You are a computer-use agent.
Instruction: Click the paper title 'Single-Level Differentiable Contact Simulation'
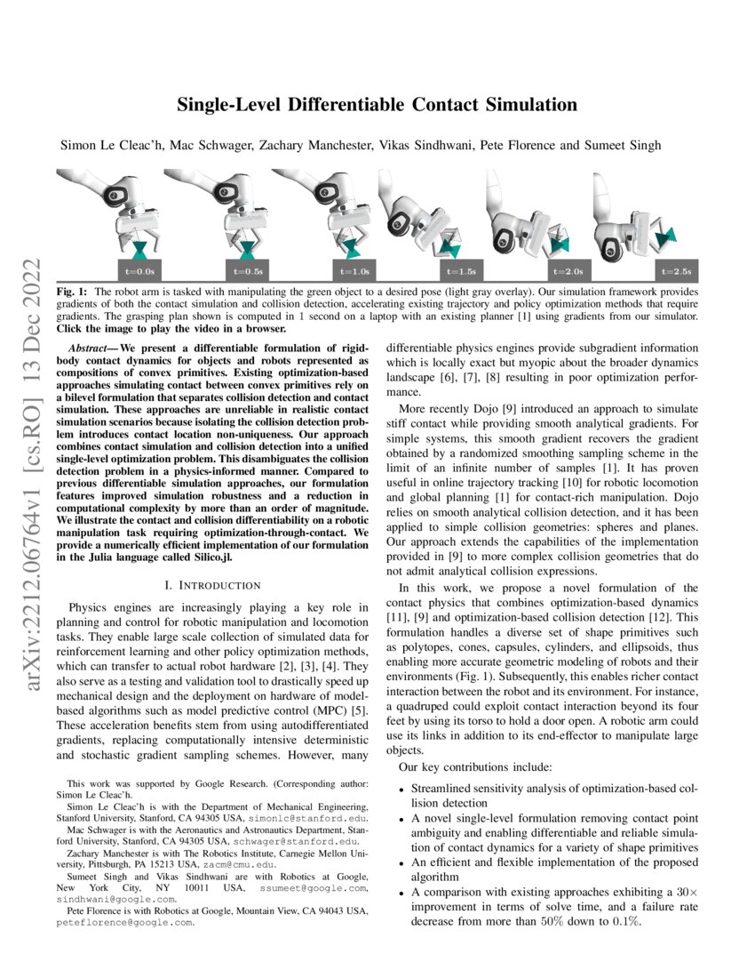(377, 105)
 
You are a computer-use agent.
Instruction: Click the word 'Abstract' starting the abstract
(91, 344)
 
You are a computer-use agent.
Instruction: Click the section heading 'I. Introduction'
(213, 585)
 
